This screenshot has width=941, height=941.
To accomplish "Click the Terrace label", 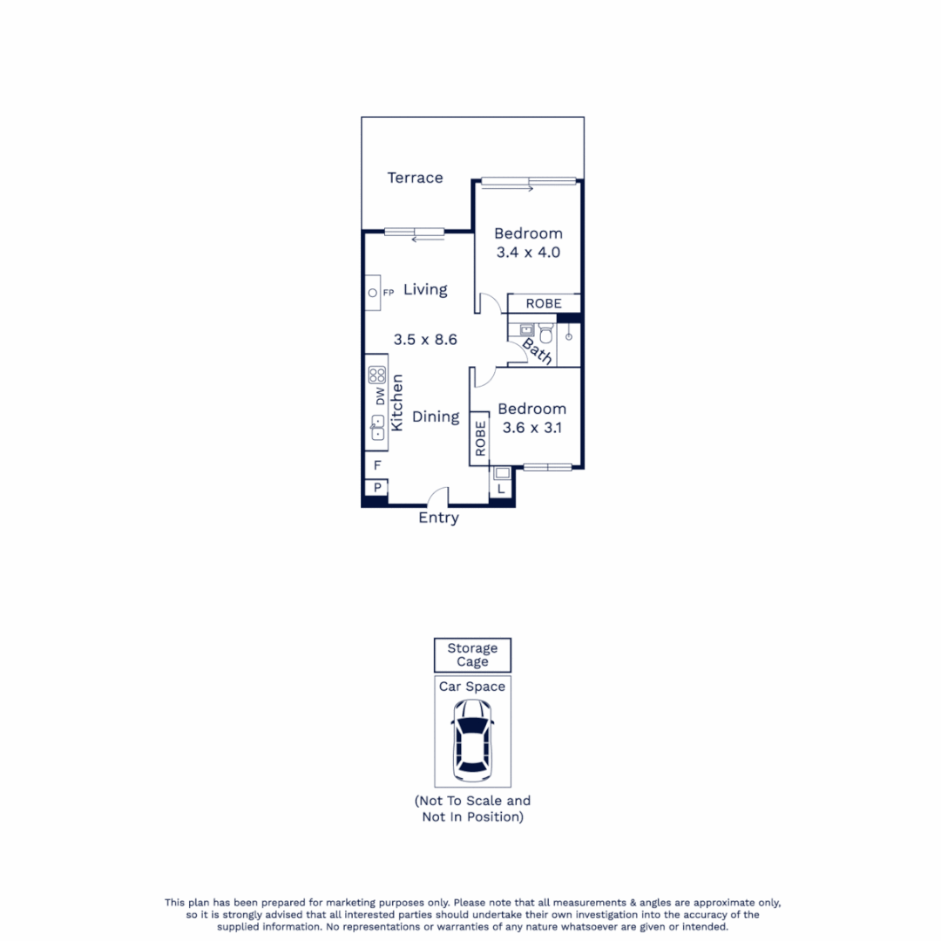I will (x=415, y=178).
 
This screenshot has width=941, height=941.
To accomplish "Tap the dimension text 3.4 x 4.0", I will (x=528, y=253).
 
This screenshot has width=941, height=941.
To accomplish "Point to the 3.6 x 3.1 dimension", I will (x=531, y=428).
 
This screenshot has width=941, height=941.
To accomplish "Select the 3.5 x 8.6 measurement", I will (x=425, y=341).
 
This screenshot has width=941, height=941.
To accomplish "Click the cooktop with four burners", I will (x=377, y=376).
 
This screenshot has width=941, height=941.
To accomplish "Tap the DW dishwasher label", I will (x=380, y=397).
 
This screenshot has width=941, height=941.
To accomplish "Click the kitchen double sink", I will (x=377, y=427).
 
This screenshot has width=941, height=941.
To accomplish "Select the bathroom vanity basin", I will (x=526, y=331).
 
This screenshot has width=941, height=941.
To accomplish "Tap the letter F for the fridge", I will (x=377, y=466).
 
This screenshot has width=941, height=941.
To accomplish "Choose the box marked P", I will (x=377, y=488).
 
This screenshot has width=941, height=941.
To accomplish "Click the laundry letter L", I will (x=501, y=490).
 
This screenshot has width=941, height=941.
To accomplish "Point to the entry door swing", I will (x=437, y=497).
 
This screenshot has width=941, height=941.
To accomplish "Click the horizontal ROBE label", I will (x=544, y=303).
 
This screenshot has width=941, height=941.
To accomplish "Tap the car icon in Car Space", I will (x=471, y=741).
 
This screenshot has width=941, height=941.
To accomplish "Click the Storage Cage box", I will (x=472, y=655).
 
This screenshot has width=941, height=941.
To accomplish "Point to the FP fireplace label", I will (x=389, y=292).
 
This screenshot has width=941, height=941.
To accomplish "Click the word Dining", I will (x=436, y=416).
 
